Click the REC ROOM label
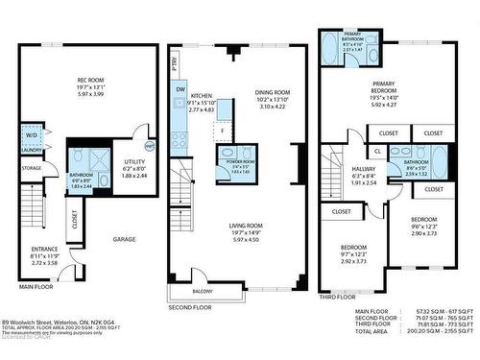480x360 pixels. pyautogui.click(x=94, y=83)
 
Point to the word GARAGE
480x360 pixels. pyautogui.click(x=124, y=238)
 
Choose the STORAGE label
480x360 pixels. pyautogui.click(x=31, y=168)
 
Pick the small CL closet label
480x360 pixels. pyautogui.click(x=378, y=151)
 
